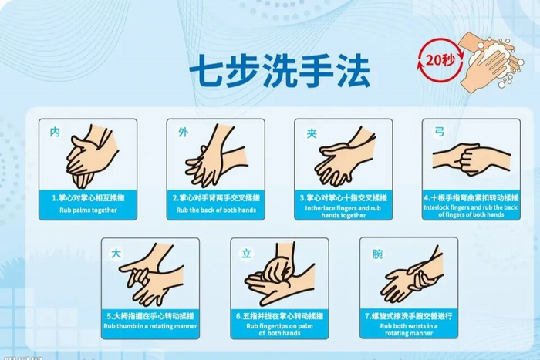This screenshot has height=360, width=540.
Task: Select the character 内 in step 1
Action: pos(55,133)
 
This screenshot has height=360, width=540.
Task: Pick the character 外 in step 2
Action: pos(183,133)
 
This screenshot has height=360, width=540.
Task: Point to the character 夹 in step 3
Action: pos(312,133)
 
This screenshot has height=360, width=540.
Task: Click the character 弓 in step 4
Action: pos(440,133)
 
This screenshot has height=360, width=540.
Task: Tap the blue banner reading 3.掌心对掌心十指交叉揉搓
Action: pos(343,197)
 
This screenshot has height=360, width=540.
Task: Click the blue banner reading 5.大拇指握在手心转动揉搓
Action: pos(150,316)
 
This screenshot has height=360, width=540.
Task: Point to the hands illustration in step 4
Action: pos(471,158)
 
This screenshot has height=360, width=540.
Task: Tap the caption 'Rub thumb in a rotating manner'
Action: pos(150,327)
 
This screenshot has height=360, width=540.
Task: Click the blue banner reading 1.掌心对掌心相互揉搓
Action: pos(89,197)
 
